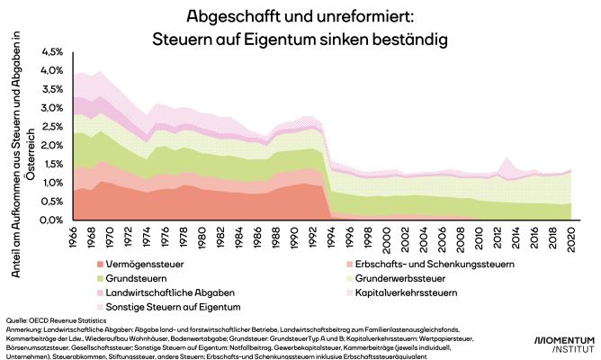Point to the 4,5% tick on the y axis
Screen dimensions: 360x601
[52, 52]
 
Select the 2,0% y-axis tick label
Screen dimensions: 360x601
[52, 146]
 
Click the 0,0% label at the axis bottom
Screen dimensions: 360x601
[52, 220]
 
